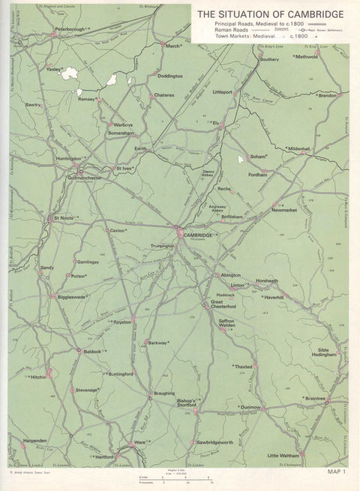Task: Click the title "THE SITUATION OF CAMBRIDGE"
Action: coord(271,13)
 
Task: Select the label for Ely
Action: coord(215,122)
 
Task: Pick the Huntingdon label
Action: coord(68,159)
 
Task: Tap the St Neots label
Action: coord(62,219)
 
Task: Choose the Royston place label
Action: coord(121,322)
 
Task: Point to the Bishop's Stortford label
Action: coord(185,405)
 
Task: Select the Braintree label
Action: coord(315,399)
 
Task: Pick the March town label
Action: coord(173,46)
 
